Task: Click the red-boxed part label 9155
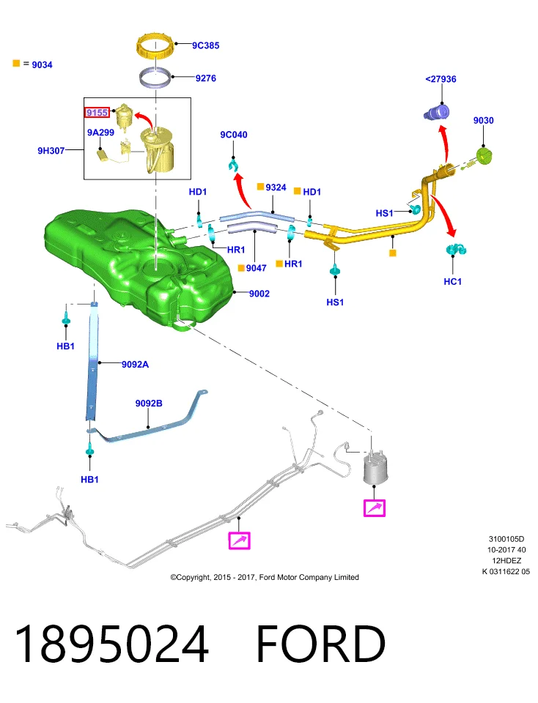[x=97, y=113]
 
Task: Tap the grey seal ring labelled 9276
[x=155, y=79]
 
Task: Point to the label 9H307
[x=51, y=151]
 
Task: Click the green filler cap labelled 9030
[x=484, y=156]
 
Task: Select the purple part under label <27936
[x=437, y=112]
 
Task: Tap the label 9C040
[x=233, y=135]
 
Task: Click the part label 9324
[x=276, y=187]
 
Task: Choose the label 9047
[x=257, y=268]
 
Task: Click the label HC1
[x=452, y=281]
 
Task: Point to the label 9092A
[x=135, y=365]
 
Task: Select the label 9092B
[x=149, y=403]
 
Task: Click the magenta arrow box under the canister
[x=375, y=508]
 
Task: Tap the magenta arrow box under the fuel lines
[x=239, y=540]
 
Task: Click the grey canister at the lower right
[x=375, y=469]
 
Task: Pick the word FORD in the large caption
[x=321, y=644]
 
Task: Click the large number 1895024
[x=111, y=644]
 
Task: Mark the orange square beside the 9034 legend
[x=16, y=63]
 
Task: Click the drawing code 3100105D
[x=506, y=539]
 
